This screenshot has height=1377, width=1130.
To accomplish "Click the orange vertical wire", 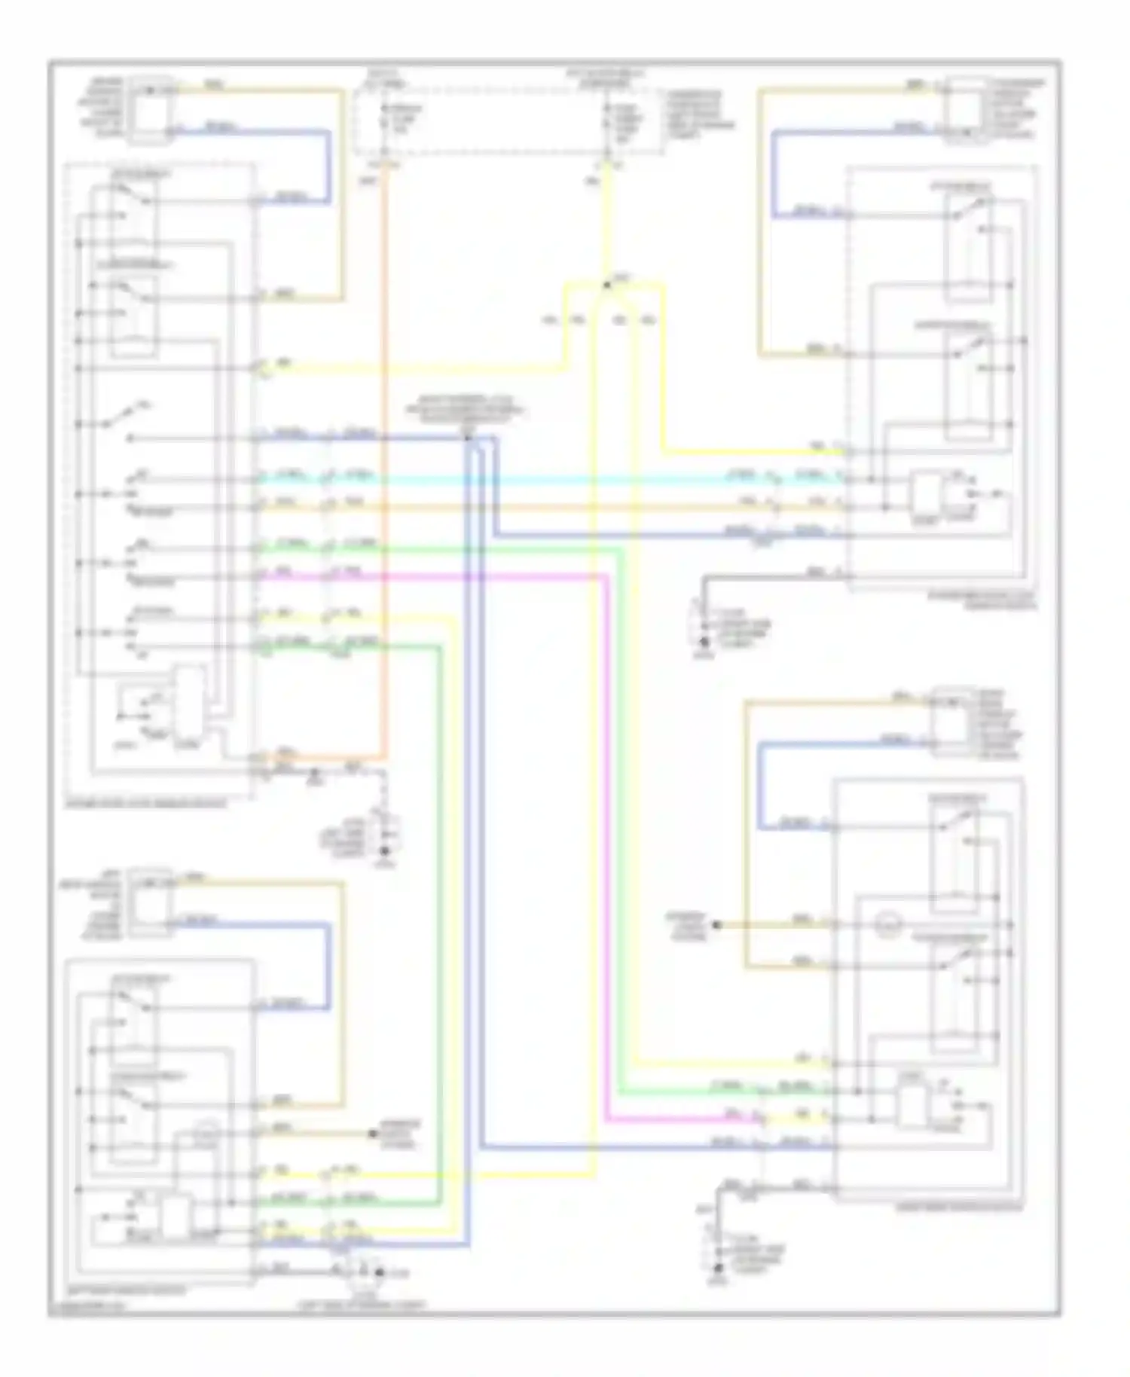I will tap(385, 452).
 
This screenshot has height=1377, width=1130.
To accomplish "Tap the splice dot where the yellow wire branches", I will tap(606, 285).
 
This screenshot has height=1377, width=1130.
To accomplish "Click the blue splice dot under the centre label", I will tap(467, 438).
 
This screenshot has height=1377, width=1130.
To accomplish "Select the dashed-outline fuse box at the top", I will tap(508, 121).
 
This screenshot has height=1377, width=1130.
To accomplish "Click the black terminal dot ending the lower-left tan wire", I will tap(372, 1133).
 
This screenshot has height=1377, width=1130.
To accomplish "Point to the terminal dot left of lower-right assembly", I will tap(716, 924).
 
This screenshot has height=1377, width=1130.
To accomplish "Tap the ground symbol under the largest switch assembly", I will tap(386, 852).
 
